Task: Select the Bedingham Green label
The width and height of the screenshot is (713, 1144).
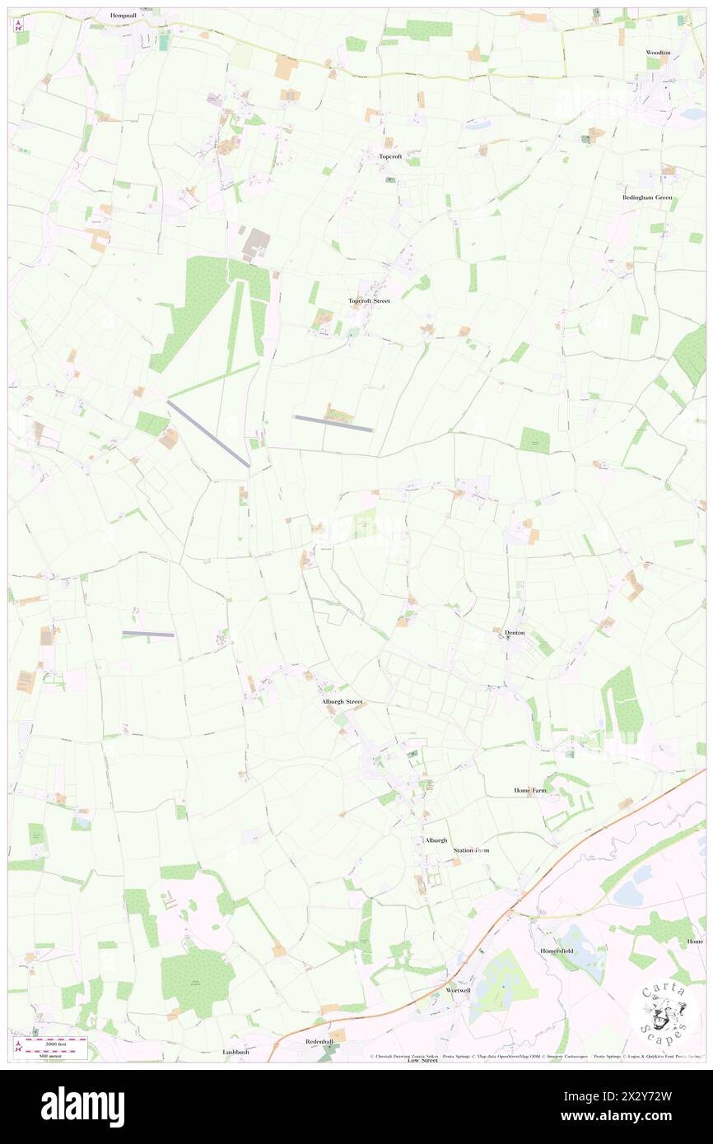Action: (647, 198)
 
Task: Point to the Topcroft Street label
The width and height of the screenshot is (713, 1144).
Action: (369, 301)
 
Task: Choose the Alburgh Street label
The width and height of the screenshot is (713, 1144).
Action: (342, 701)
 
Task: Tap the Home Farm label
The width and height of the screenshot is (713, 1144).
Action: (530, 790)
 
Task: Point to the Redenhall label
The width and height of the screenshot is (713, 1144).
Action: (319, 1041)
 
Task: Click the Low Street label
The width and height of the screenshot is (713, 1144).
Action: (423, 1060)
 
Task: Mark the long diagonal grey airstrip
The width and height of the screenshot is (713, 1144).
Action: (208, 434)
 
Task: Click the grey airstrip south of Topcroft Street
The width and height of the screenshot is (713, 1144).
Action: (333, 423)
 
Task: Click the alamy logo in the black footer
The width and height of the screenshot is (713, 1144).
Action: (82, 1106)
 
